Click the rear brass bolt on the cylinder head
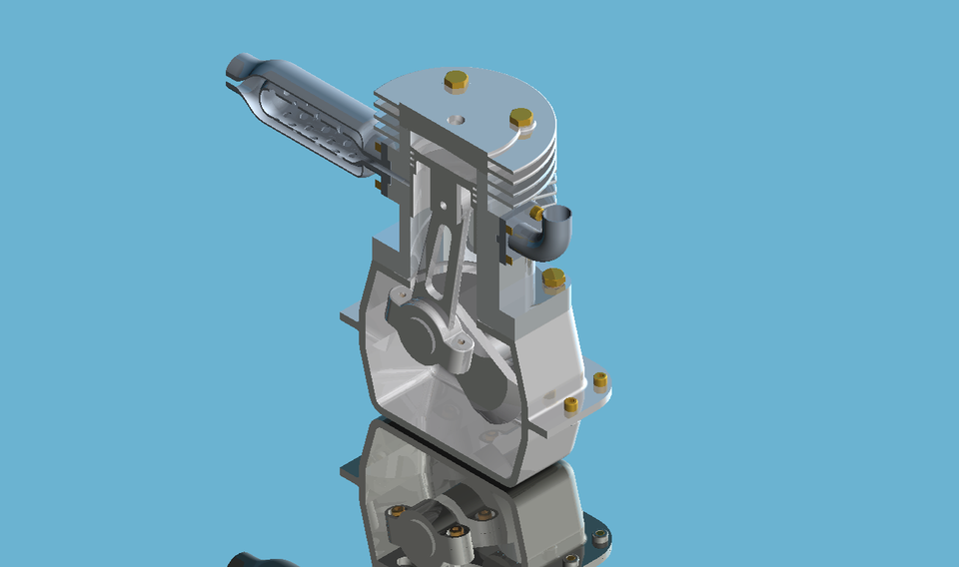[x=456, y=81]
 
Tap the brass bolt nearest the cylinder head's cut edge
[x=520, y=119]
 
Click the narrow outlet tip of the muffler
[x=237, y=69]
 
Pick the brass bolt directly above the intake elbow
[x=536, y=213]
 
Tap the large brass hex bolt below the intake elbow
[x=553, y=280]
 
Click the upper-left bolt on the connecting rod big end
[x=398, y=298]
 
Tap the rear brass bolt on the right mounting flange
[x=599, y=379]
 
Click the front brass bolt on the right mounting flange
[x=570, y=404]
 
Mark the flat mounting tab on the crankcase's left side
[x=351, y=319]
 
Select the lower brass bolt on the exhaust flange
[x=378, y=184]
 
